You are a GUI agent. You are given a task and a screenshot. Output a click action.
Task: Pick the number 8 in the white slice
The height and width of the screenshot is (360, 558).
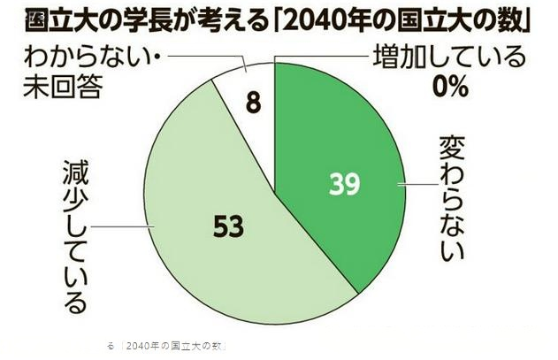[252, 104]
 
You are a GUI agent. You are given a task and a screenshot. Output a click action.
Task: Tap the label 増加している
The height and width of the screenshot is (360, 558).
[451, 58]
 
